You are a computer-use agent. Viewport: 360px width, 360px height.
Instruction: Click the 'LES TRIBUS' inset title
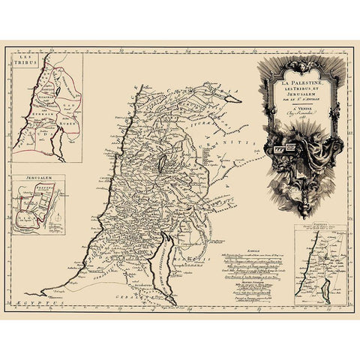click(26, 61)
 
